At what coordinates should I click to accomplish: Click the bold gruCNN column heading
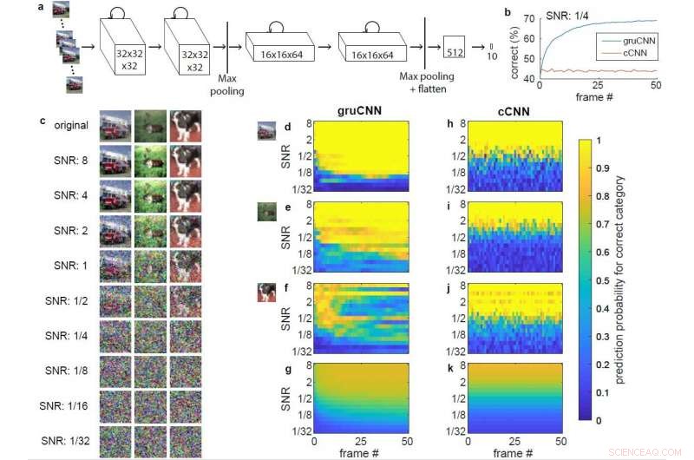[x=361, y=110]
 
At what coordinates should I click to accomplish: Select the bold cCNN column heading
[x=503, y=110]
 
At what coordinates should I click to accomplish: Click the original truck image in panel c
[x=115, y=126]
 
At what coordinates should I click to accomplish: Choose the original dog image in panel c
[x=185, y=126]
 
